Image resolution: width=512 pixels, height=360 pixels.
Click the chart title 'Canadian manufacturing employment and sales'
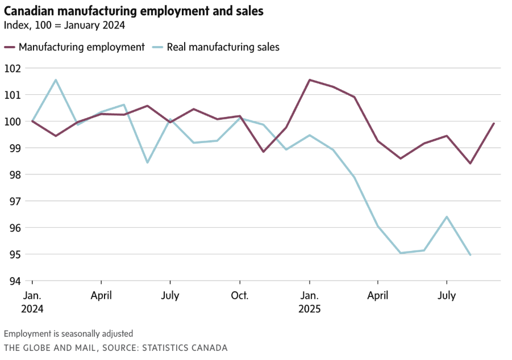pyautogui.click(x=134, y=11)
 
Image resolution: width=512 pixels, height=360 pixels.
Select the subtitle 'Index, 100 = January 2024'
pyautogui.click(x=64, y=25)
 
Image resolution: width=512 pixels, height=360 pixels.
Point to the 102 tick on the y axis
pyautogui.click(x=12, y=68)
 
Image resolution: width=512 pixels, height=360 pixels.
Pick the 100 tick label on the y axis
pyautogui.click(x=12, y=122)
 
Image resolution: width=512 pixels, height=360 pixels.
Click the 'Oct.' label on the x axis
pyautogui.click(x=240, y=296)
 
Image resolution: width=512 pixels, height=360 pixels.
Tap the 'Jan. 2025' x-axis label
pyautogui.click(x=310, y=302)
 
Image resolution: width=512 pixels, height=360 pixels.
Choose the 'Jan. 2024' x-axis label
pyautogui.click(x=32, y=302)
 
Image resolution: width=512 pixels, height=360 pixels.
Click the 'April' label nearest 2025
pyautogui.click(x=378, y=296)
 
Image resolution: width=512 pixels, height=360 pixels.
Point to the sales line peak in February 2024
pyautogui.click(x=56, y=79)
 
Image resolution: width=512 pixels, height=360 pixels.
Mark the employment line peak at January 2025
pyautogui.click(x=309, y=79)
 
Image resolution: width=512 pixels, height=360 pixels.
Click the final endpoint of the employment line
pyautogui.click(x=494, y=123)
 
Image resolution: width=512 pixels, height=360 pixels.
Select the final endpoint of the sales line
pyautogui.click(x=471, y=255)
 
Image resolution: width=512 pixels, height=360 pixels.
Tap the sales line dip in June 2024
pyautogui.click(x=148, y=162)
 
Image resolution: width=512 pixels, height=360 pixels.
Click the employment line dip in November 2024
pyautogui.click(x=263, y=152)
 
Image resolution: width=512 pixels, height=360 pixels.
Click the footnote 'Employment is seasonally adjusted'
pyautogui.click(x=68, y=334)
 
